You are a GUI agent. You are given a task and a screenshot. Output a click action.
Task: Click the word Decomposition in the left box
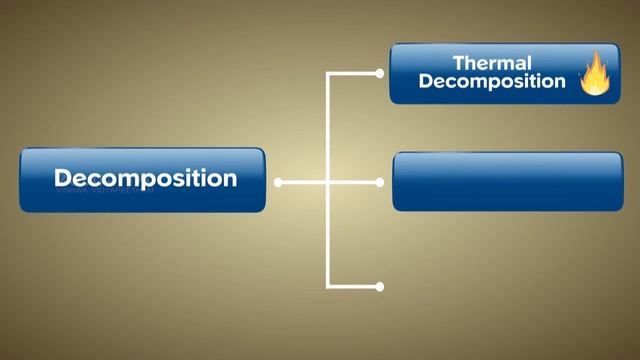pyautogui.click(x=145, y=179)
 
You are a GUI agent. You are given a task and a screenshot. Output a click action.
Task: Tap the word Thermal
pyautogui.click(x=491, y=62)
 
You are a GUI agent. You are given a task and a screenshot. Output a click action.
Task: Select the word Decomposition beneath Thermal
pyautogui.click(x=491, y=82)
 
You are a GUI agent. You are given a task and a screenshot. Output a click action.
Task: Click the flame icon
pyautogui.click(x=595, y=74)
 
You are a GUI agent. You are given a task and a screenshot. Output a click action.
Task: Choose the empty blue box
pyautogui.click(x=507, y=181)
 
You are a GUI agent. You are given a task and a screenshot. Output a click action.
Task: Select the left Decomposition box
pyautogui.click(x=143, y=180)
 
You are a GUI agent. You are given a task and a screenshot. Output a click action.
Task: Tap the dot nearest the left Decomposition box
pyautogui.click(x=278, y=183)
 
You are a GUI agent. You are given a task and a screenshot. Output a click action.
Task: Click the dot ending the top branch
pyautogui.click(x=379, y=73)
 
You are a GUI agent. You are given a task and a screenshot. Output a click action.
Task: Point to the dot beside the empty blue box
pyautogui.click(x=379, y=183)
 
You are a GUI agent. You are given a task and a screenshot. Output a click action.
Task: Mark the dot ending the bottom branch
pyautogui.click(x=379, y=287)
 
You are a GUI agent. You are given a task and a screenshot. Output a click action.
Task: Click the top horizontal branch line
pyautogui.click(x=353, y=73)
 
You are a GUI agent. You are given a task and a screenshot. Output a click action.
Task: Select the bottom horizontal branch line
pyautogui.click(x=353, y=287)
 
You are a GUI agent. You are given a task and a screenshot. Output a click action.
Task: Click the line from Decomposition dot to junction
pyautogui.click(x=303, y=183)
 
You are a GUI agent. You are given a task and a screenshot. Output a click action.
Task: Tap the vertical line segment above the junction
pyautogui.click(x=328, y=128)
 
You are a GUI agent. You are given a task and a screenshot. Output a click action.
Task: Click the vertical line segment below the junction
pyautogui.click(x=328, y=235)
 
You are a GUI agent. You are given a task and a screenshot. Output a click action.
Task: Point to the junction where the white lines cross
pyautogui.click(x=328, y=183)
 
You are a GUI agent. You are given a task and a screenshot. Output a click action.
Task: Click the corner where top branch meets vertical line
pyautogui.click(x=328, y=73)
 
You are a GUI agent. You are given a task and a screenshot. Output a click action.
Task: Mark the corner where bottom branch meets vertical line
pyautogui.click(x=328, y=287)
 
